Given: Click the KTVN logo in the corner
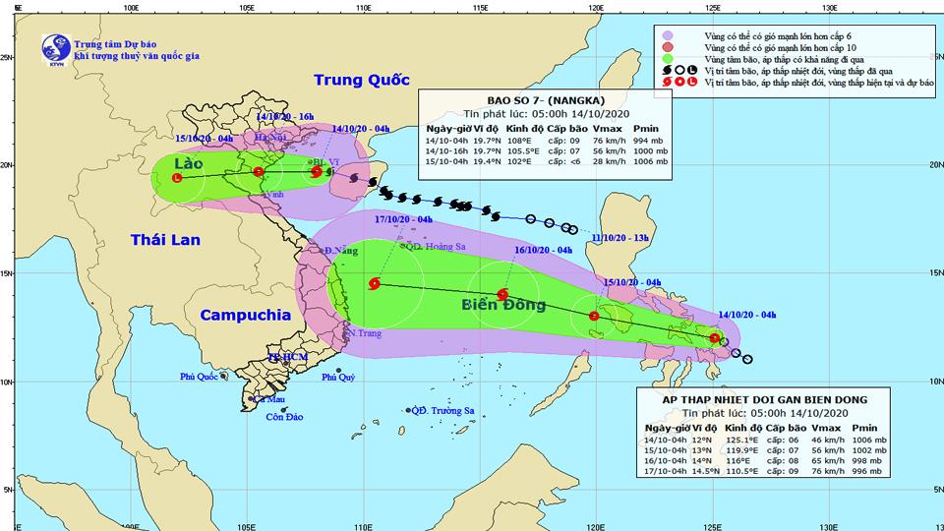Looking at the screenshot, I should [48, 46].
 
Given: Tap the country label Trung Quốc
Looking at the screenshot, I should [361, 81].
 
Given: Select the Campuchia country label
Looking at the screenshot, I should [246, 316].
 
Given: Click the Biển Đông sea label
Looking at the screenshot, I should [503, 305].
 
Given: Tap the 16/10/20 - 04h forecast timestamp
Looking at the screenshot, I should [545, 250].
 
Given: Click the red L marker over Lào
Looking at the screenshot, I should [177, 178].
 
